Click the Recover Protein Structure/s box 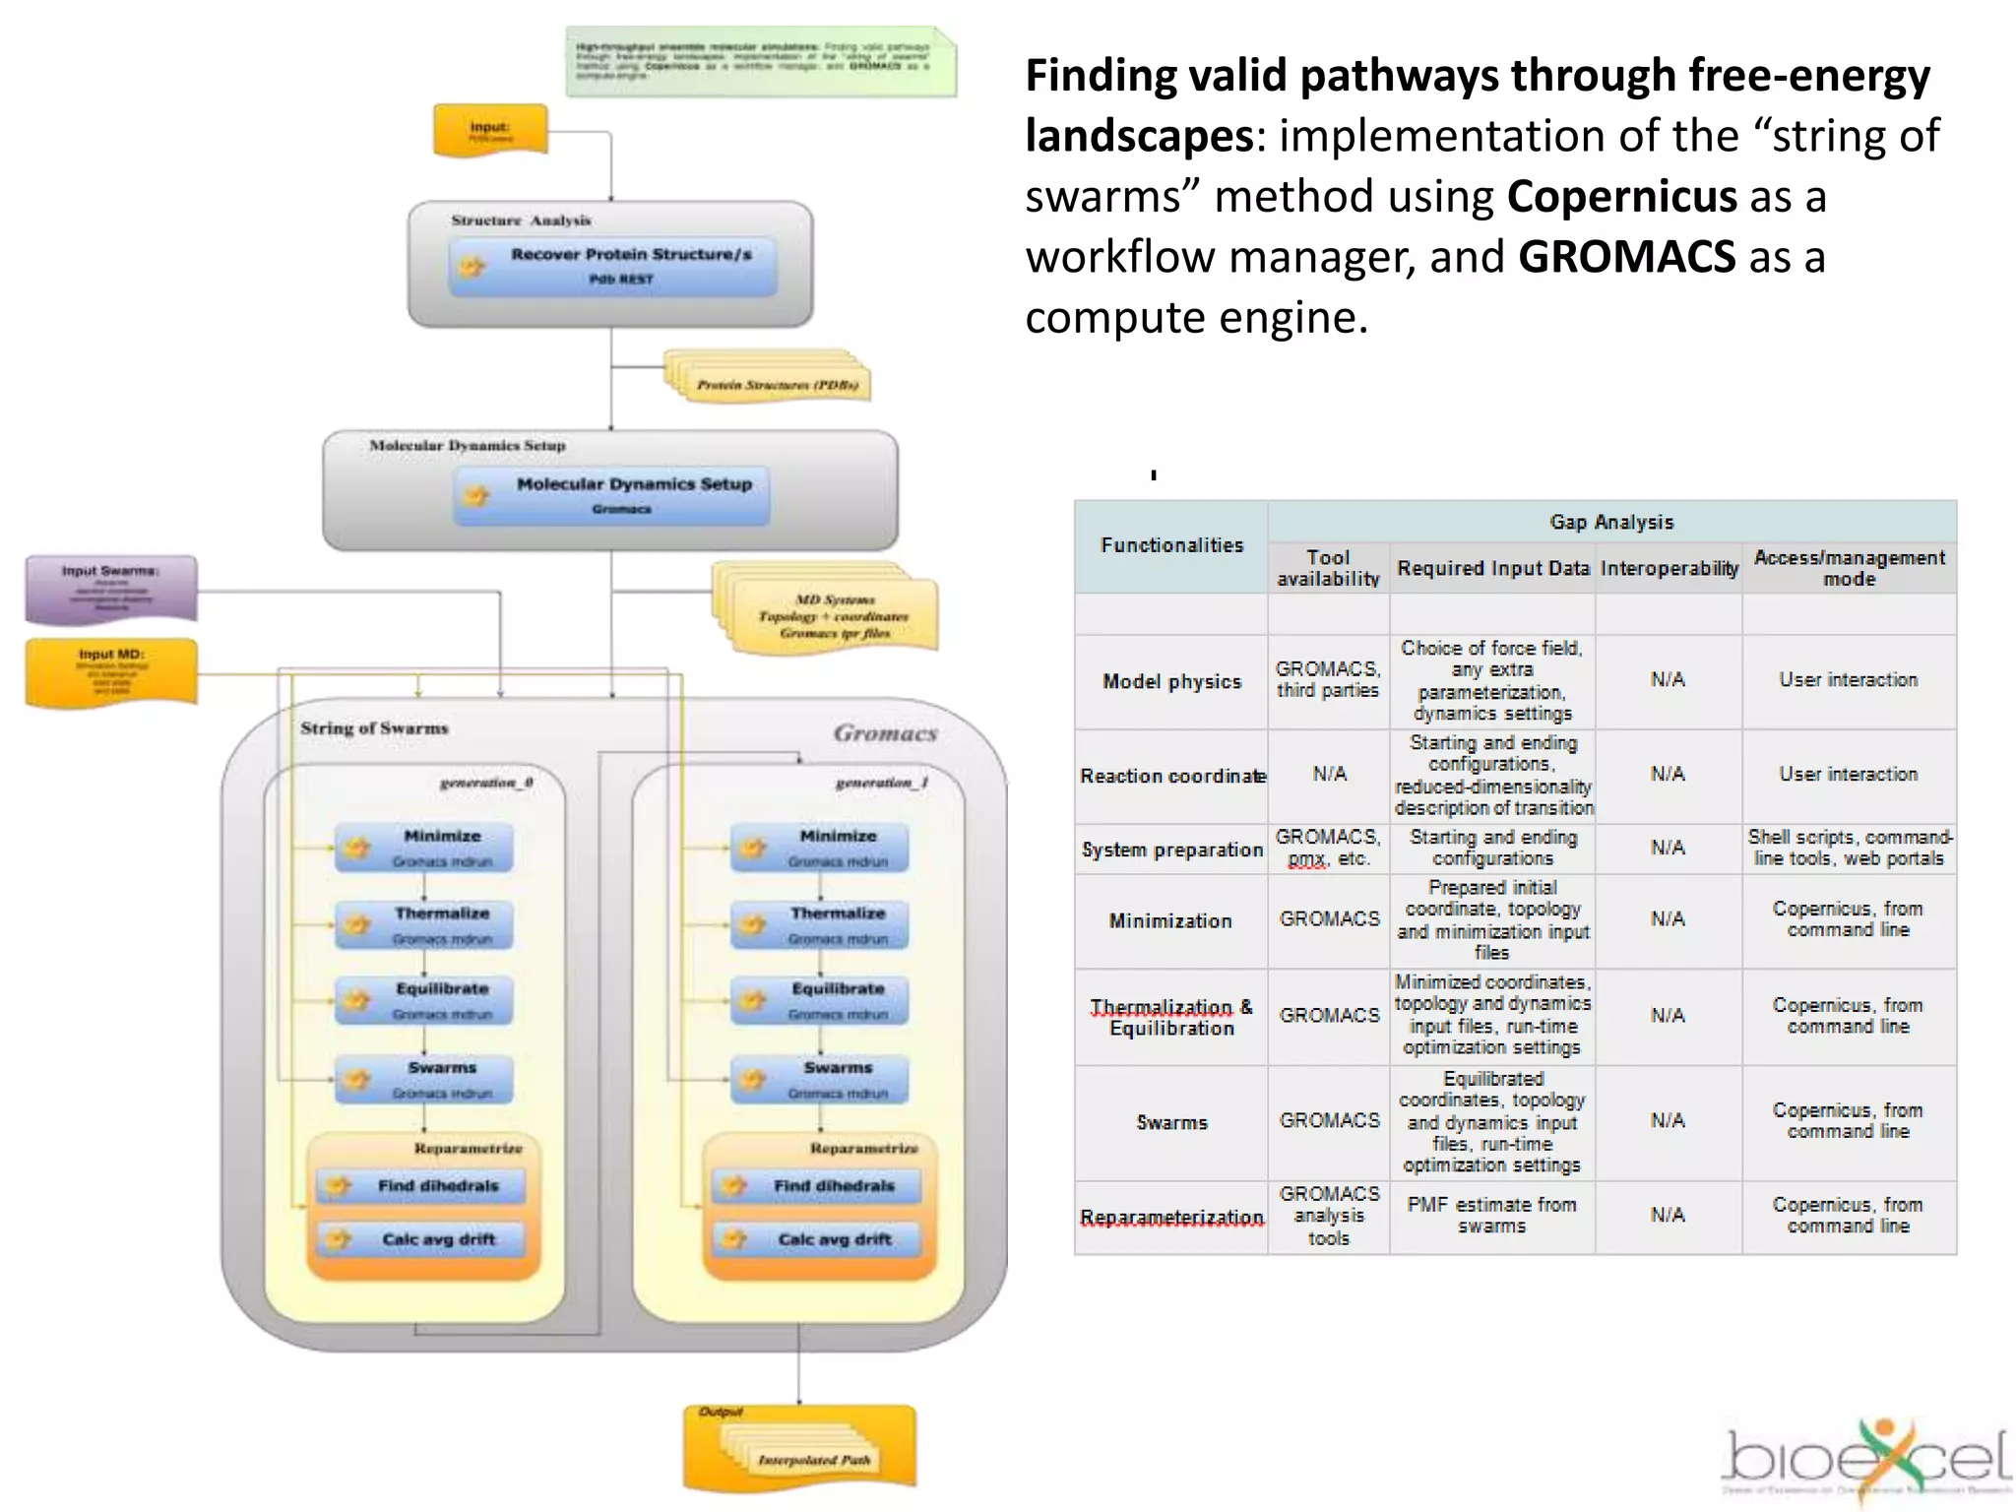612,266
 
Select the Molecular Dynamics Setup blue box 612,495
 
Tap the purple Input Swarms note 110,590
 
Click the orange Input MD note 110,672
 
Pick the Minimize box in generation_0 423,848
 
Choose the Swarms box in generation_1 819,1079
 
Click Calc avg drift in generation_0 421,1239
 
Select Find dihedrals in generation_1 817,1186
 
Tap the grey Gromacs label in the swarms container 884,733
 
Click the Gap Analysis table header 1610,522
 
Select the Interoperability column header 1669,568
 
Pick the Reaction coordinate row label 1171,776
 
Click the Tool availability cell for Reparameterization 1328,1216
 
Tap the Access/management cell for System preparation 1849,848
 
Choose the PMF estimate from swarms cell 1491,1215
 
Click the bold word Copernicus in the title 1621,196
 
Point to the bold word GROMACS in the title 1626,257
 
